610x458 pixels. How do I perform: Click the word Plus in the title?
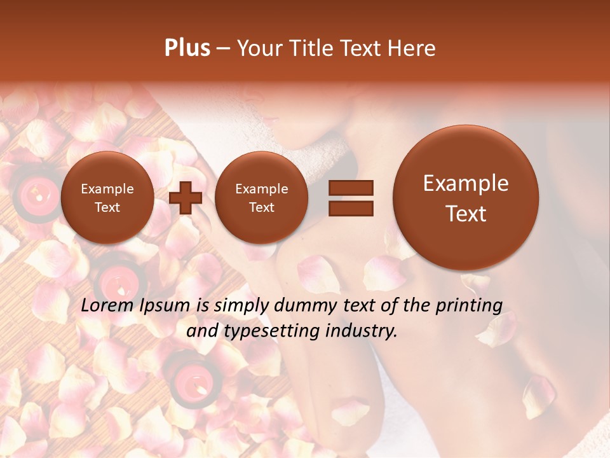click(187, 48)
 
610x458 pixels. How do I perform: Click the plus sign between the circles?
click(186, 197)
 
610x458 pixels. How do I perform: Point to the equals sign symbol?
click(350, 197)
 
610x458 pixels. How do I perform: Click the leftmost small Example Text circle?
click(107, 198)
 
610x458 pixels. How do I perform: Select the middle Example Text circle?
click(262, 198)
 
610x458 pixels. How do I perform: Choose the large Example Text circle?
click(466, 198)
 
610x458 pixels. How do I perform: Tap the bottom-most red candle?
click(191, 382)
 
